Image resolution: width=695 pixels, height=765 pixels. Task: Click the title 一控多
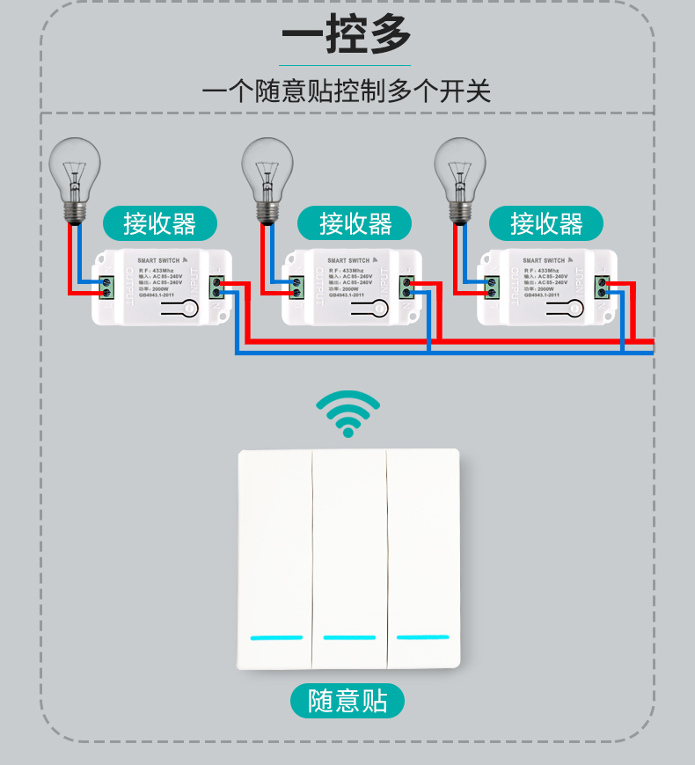[x=347, y=35]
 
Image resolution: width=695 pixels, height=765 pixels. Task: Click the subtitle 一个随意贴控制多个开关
[x=347, y=91]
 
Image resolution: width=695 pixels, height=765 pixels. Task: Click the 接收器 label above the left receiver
[x=159, y=224]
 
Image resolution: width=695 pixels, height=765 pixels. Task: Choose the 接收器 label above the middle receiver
[x=355, y=224]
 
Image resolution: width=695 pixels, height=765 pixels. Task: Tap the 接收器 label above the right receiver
[x=546, y=224]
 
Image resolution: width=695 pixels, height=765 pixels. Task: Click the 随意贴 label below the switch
[x=347, y=701]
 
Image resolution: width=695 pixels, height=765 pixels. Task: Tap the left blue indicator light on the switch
[x=276, y=637]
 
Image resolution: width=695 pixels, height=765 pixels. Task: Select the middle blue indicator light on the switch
[x=349, y=637]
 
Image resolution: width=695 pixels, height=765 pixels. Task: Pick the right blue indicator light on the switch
[x=422, y=637]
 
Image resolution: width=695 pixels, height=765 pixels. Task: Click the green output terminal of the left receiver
[x=108, y=288]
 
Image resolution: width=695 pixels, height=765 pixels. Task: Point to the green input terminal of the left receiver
[x=216, y=288]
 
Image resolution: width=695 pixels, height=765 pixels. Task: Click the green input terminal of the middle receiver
[x=407, y=288]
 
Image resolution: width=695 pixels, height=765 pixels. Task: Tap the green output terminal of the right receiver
[x=492, y=288]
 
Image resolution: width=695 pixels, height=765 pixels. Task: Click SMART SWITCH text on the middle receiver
[x=349, y=261]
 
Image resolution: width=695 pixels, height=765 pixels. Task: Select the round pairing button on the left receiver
[x=190, y=308]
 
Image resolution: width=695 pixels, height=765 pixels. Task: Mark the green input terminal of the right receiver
[x=602, y=288]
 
